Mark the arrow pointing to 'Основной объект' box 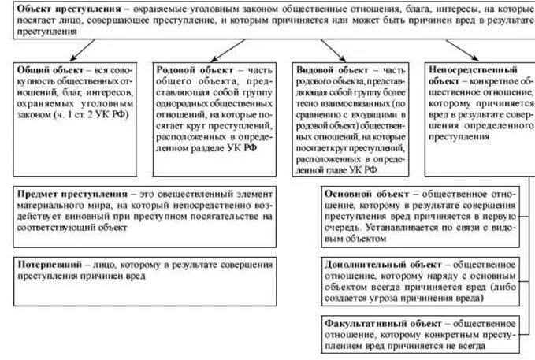[314, 194]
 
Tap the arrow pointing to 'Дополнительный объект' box [314, 260]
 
